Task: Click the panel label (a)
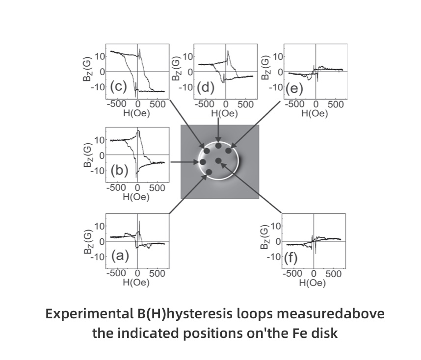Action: tap(120, 255)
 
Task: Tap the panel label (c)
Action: tap(118, 87)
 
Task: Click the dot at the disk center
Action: tap(218, 161)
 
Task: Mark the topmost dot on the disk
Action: tap(218, 146)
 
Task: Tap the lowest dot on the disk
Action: tap(209, 172)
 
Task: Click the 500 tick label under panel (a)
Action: tap(157, 273)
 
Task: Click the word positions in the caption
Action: tap(196, 334)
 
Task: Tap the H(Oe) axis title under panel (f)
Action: tap(313, 283)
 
